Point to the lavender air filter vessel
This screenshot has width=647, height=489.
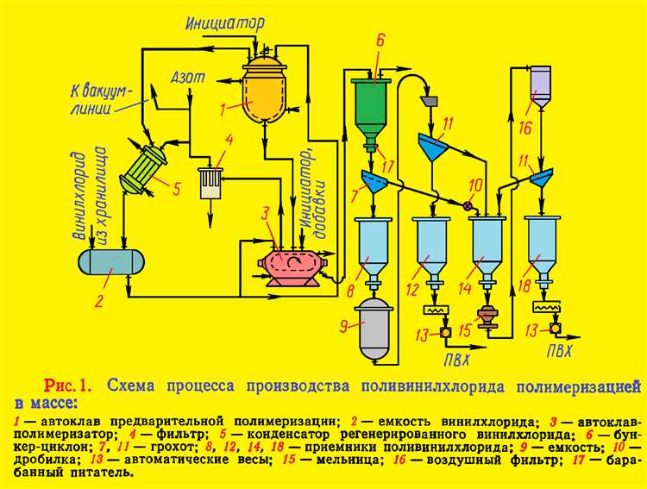540,85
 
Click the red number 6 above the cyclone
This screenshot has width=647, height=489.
380,41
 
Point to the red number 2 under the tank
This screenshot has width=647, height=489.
99,301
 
